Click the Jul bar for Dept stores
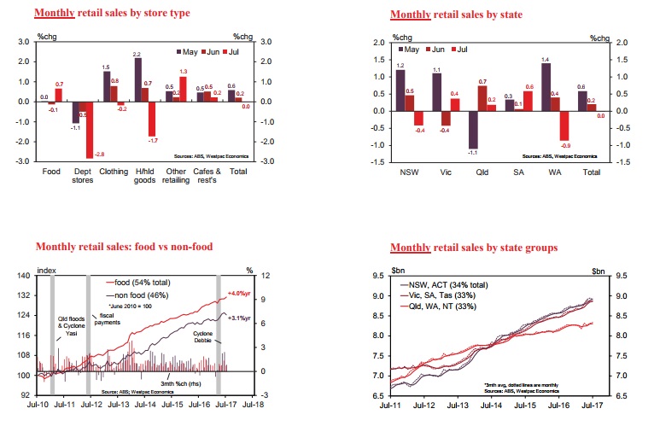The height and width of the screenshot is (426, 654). (x=90, y=129)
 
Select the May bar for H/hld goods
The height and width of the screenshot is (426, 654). (x=138, y=79)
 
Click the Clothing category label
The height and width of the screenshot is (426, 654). (x=114, y=171)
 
